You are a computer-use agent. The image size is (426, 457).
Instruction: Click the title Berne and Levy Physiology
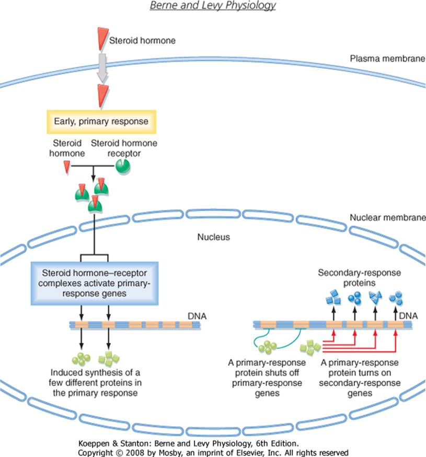click(212, 6)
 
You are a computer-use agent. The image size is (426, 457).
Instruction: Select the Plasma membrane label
click(386, 58)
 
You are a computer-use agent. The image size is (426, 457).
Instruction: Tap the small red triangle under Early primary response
click(66, 167)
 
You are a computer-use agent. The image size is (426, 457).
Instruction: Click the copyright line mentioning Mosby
click(212, 451)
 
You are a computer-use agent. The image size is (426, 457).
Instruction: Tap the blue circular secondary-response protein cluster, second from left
click(355, 299)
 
